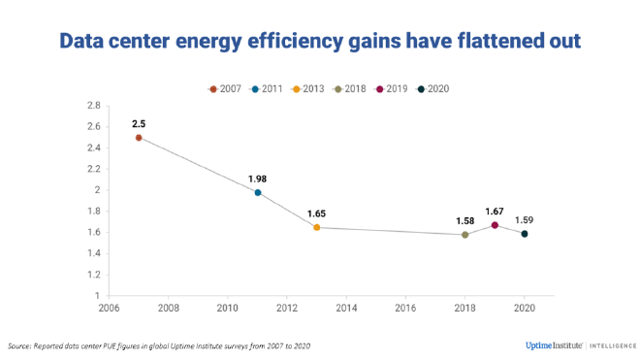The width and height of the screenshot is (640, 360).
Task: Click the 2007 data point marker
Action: [x=139, y=138]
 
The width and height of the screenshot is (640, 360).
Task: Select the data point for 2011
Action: [x=258, y=193]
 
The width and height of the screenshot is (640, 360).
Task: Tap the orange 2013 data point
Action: [x=317, y=227]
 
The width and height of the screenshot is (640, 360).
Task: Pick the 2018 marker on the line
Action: [x=465, y=235]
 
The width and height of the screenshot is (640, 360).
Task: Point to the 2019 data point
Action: [x=495, y=225]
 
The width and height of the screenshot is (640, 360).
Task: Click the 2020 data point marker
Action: [x=525, y=234]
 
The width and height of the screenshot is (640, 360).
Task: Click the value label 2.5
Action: [x=139, y=123]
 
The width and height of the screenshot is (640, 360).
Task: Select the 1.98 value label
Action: [x=258, y=179]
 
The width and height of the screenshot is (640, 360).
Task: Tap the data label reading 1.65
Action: [x=317, y=213]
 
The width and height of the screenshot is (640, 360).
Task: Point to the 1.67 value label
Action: [x=495, y=211]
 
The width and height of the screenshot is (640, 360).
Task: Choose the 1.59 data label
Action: [x=525, y=219]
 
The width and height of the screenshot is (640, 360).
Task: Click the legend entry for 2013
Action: [x=309, y=88]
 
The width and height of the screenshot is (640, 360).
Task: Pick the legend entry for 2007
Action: [x=227, y=88]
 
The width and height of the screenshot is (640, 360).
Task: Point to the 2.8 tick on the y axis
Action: [x=94, y=105]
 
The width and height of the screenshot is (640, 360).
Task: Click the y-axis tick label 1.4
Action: [x=94, y=253]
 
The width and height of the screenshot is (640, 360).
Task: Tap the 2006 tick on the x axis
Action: [x=109, y=309]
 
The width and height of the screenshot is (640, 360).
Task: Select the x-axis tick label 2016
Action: [x=405, y=309]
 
